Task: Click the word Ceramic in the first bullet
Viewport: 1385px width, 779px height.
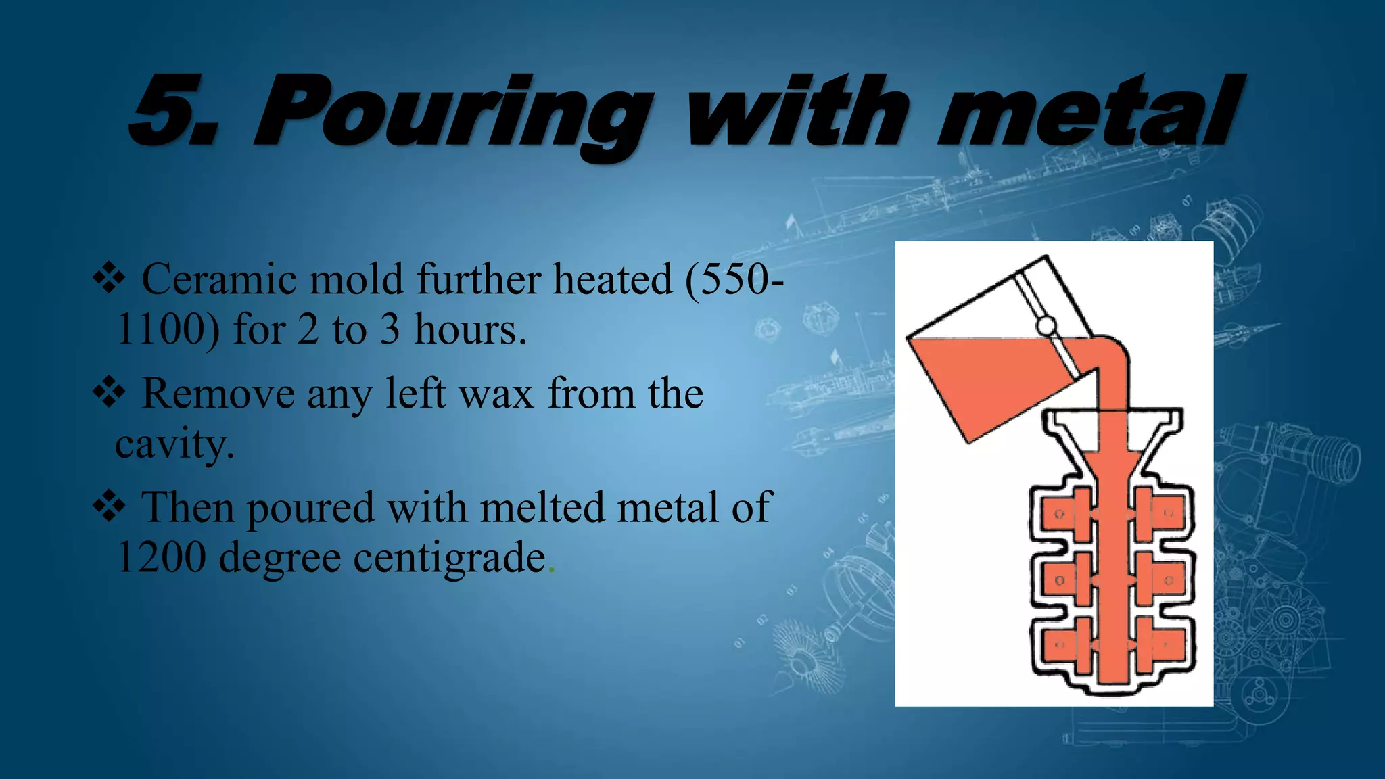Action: (218, 279)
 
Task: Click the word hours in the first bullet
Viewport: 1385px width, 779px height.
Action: (469, 329)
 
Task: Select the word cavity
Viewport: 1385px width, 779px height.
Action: (174, 445)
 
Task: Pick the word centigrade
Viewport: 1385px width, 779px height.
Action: (449, 559)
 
